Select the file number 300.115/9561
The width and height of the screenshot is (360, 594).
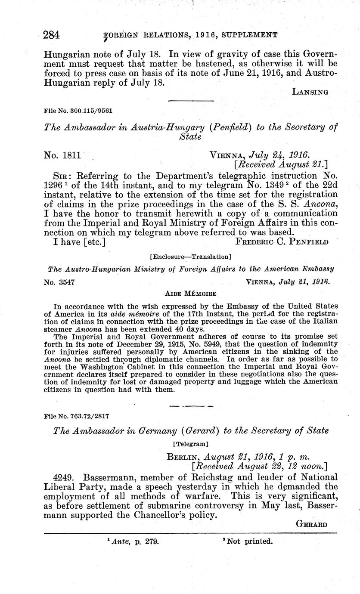click(x=78, y=111)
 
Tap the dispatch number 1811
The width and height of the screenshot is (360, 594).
click(x=62, y=155)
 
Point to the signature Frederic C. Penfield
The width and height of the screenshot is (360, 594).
click(x=282, y=241)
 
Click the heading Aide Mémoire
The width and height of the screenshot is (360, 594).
click(x=191, y=294)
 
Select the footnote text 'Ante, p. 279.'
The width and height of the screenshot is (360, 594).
click(x=132, y=541)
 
